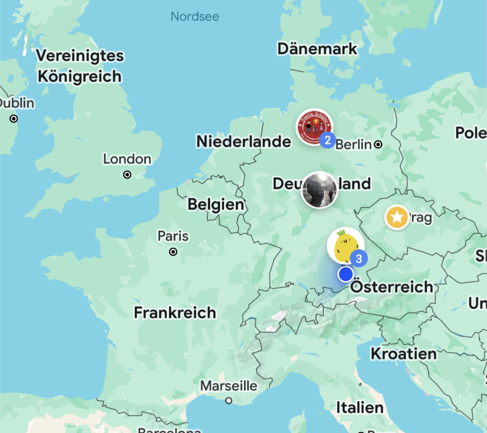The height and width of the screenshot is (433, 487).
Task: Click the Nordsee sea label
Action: coord(195,17)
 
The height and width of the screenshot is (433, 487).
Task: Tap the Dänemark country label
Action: coord(317,49)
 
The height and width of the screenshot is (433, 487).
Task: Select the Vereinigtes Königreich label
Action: coord(80,66)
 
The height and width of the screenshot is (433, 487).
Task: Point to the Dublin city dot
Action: coord(14,119)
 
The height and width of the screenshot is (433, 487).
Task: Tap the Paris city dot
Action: coord(173,252)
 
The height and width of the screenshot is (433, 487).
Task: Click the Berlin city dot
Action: coord(378,144)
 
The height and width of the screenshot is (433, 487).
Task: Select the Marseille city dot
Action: coord(229,400)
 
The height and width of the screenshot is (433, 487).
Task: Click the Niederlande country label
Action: coord(243,141)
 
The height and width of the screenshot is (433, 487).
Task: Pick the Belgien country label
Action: coord(216,205)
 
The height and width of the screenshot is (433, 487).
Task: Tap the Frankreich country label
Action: coord(175,312)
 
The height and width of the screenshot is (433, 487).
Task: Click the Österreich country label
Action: coord(391,287)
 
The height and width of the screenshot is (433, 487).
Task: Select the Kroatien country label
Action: coord(404,354)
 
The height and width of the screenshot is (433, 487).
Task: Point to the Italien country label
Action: coord(360,408)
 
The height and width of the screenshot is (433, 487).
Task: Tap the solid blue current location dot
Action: coord(345,274)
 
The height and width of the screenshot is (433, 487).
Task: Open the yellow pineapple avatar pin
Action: coord(344,246)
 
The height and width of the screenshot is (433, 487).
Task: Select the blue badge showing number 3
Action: coord(359,259)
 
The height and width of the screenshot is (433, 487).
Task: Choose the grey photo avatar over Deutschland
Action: coord(319,190)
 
